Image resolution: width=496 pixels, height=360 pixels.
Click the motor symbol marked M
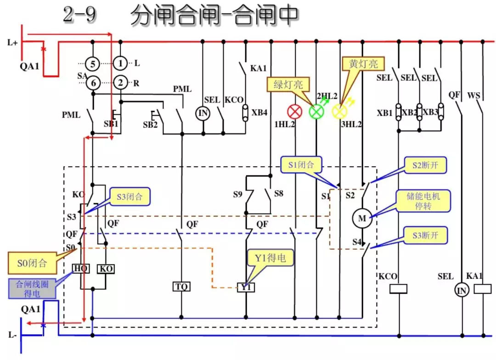pyautogui.click(x=362, y=219)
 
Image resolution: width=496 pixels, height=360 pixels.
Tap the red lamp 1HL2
pyautogui.click(x=294, y=111)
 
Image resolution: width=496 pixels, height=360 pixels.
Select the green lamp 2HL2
pyautogui.click(x=316, y=111)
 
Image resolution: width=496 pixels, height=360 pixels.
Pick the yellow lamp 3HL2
pyautogui.click(x=339, y=111)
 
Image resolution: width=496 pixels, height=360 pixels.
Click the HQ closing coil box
pyautogui.click(x=81, y=269)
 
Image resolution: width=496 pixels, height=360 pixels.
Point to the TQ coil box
pyautogui.click(x=181, y=287)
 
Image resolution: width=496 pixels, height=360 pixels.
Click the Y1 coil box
pyautogui.click(x=246, y=287)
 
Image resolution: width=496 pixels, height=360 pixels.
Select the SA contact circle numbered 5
pyautogui.click(x=93, y=63)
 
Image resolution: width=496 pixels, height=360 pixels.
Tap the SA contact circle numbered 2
pyautogui.click(x=120, y=83)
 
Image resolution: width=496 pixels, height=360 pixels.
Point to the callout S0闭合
pyautogui.click(x=32, y=263)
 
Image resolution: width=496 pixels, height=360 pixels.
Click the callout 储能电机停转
pyautogui.click(x=423, y=201)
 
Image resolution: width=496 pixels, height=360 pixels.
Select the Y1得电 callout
pyautogui.click(x=270, y=258)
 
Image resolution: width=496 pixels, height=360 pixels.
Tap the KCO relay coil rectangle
pyautogui.click(x=398, y=289)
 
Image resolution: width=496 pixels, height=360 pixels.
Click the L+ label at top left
pyautogui.click(x=12, y=43)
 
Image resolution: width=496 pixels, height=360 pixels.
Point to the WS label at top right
pyautogui.click(x=473, y=96)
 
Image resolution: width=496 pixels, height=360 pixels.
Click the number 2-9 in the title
pyautogui.click(x=80, y=15)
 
